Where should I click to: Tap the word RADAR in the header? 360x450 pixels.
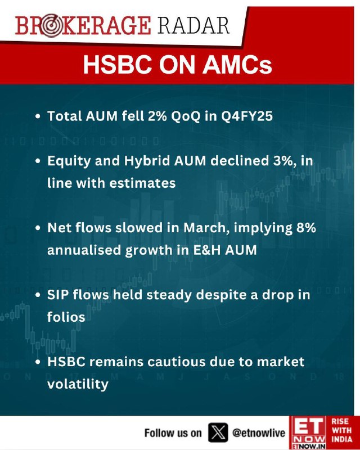193,25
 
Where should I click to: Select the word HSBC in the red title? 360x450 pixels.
117,65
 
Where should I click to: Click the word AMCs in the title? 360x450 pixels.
237,65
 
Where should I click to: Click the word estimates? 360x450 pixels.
142,183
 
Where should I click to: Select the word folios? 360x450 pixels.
66,317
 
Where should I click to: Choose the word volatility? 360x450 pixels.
78,385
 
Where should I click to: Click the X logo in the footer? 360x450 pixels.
218,433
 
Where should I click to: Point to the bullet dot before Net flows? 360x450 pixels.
38,228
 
